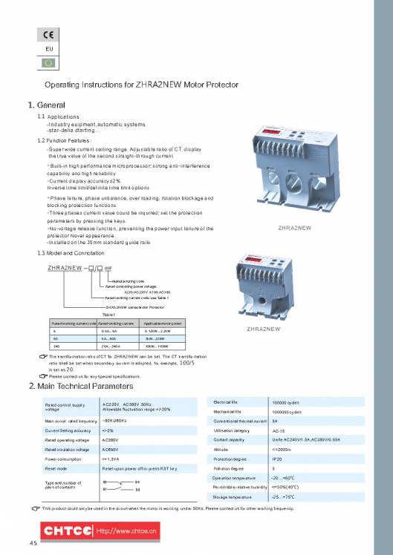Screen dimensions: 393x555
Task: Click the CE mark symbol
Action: [45, 36]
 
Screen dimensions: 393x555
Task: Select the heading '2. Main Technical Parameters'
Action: [80, 386]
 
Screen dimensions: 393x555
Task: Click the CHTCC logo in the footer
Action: [67, 531]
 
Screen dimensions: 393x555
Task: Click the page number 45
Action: [32, 545]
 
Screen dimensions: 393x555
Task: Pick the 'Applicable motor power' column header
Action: [164, 324]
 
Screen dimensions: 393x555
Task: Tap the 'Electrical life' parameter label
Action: [225, 401]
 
